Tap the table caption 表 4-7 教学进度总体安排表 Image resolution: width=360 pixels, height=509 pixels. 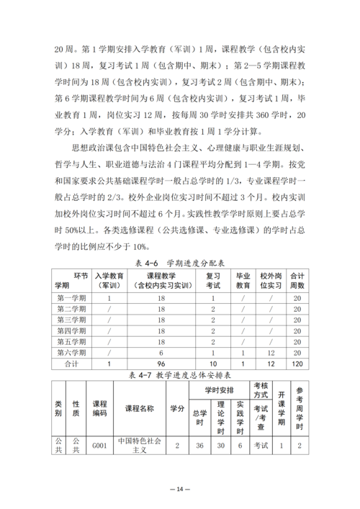coord(180,376)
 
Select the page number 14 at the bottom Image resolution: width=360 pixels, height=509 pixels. coord(180,489)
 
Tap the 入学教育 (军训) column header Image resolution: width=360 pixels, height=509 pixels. coord(109,280)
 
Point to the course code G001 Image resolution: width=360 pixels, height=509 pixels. coord(99,446)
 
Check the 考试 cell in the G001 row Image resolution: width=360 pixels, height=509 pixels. coord(260,446)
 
